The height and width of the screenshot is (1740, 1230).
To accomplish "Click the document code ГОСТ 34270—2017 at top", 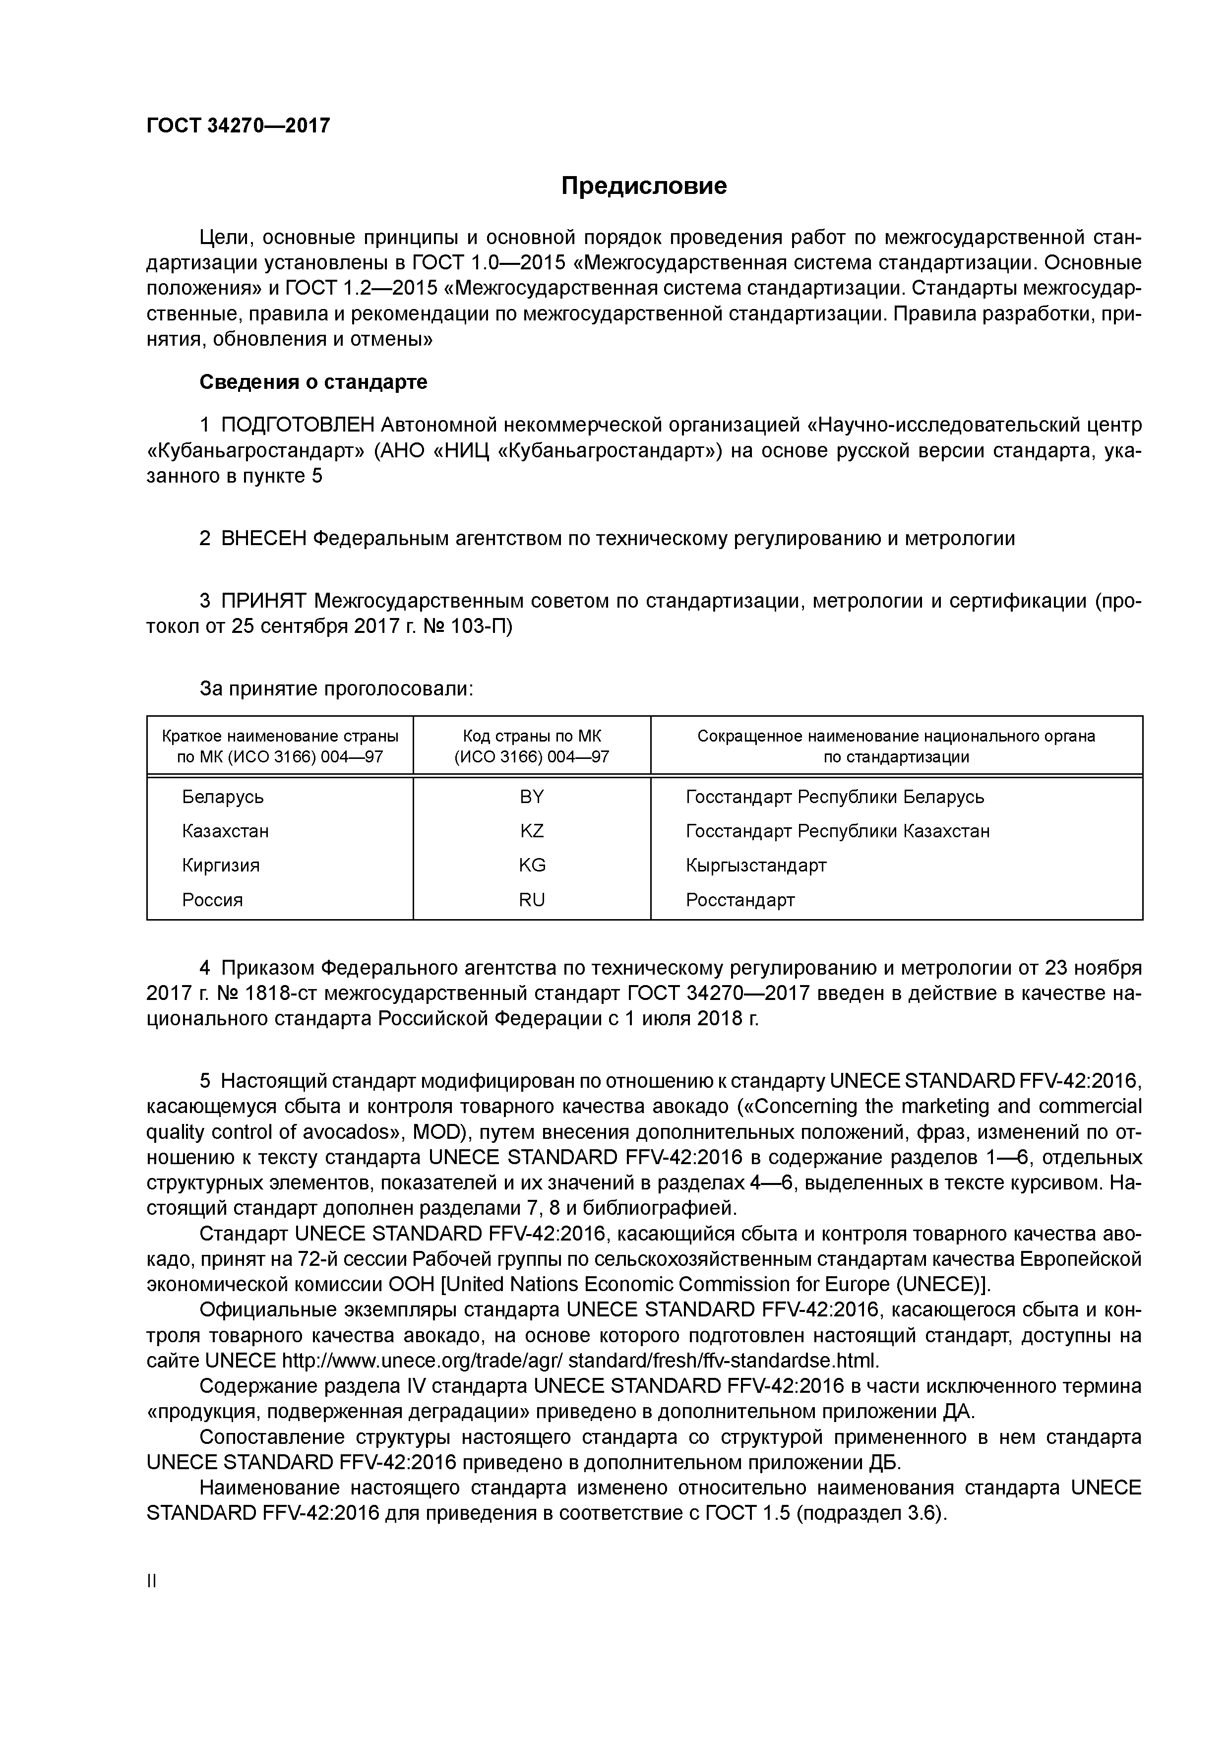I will click(238, 126).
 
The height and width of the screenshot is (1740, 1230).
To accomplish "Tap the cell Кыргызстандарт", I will click(755, 866).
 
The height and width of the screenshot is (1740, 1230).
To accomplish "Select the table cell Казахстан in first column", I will click(225, 831).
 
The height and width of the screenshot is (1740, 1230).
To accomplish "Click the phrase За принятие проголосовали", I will click(336, 689).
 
